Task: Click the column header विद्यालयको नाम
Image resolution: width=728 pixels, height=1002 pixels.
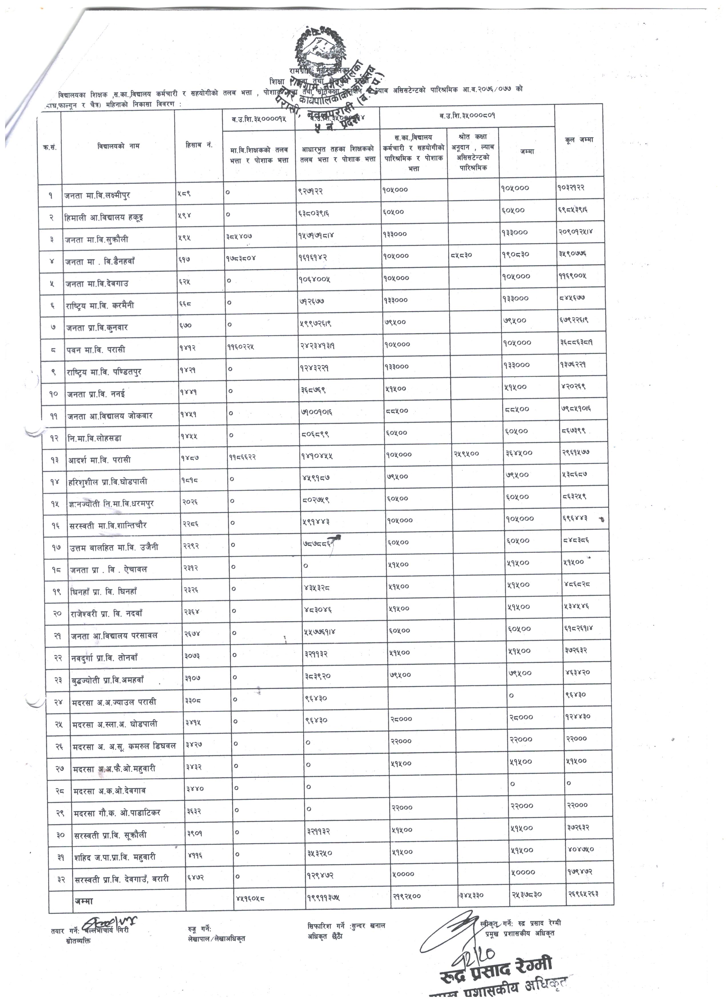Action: click(x=118, y=146)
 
